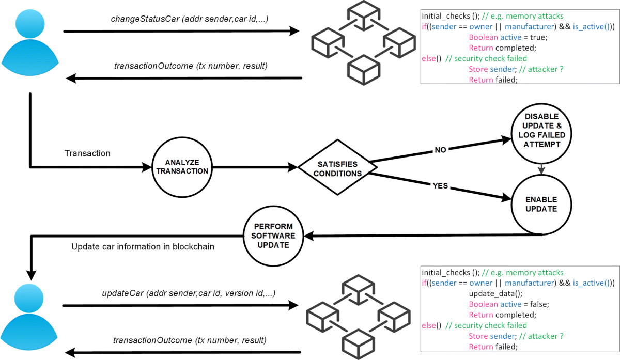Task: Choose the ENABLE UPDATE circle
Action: point(541,205)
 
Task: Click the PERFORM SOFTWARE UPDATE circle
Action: point(274,236)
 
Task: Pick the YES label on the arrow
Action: point(441,186)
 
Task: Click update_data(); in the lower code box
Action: point(491,293)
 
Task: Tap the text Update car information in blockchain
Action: point(143,247)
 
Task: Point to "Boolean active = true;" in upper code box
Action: point(507,37)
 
